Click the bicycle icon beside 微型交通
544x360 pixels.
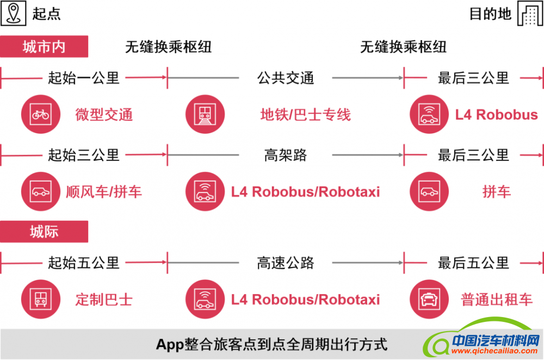pyautogui.click(x=40, y=115)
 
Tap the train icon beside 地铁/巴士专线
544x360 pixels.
pyautogui.click(x=205, y=115)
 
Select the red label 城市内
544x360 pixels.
pyautogui.click(x=44, y=47)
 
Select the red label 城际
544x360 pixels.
pyautogui.click(x=44, y=232)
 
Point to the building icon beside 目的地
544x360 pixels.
pyautogui.click(x=530, y=14)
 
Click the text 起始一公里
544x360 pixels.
pyautogui.click(x=83, y=78)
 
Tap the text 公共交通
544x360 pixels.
pyautogui.click(x=285, y=78)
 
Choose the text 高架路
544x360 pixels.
pyautogui.click(x=285, y=155)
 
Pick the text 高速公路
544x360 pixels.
pyautogui.click(x=285, y=263)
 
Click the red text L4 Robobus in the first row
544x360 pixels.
pyautogui.click(x=496, y=115)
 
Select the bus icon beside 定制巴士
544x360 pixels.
pyautogui.click(x=40, y=300)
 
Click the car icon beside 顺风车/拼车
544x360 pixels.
pyautogui.click(x=40, y=191)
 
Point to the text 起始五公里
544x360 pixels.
pyautogui.click(x=83, y=263)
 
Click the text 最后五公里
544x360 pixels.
pyautogui.click(x=473, y=263)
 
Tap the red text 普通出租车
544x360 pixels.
pyautogui.click(x=497, y=300)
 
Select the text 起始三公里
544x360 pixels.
pyautogui.click(x=83, y=155)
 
